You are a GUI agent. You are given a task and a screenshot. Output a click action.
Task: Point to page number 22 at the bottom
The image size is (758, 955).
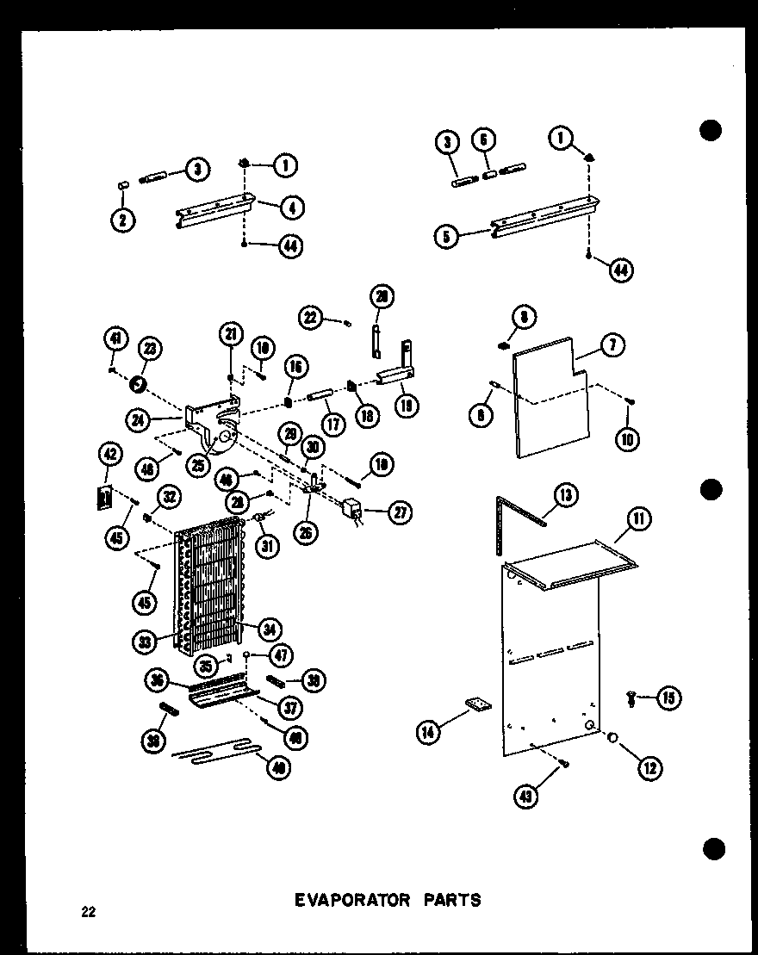pyautogui.click(x=87, y=914)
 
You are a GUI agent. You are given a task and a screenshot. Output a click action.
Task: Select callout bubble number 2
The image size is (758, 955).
pyautogui.click(x=123, y=220)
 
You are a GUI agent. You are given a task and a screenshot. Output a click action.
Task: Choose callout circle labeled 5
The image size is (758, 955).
pyautogui.click(x=445, y=235)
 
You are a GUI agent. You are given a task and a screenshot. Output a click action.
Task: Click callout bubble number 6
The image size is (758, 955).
pyautogui.click(x=485, y=142)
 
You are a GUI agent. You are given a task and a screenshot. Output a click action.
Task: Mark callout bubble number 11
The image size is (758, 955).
pyautogui.click(x=639, y=518)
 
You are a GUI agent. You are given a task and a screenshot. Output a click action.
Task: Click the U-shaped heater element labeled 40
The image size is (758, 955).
pyautogui.click(x=215, y=754)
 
